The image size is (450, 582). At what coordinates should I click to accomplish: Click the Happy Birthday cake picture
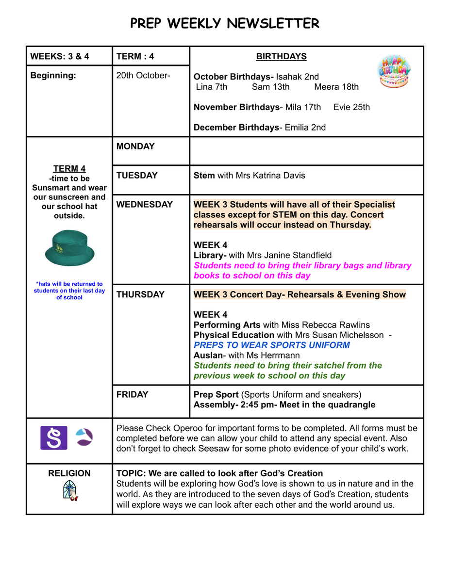[394, 71]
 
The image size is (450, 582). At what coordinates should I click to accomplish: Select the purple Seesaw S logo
[53, 438]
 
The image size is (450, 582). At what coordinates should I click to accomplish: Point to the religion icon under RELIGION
[70, 490]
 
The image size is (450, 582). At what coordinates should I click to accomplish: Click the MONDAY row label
[135, 146]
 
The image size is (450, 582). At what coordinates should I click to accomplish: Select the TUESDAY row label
[137, 175]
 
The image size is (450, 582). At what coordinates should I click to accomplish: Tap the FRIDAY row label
[132, 395]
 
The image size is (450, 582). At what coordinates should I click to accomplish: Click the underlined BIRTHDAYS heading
[281, 57]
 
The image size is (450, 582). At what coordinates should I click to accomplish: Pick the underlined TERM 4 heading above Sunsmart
[69, 169]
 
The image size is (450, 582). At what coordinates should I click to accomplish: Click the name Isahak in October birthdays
[290, 77]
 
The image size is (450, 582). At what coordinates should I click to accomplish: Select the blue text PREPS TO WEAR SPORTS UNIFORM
[271, 345]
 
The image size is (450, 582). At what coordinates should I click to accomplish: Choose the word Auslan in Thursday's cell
[208, 356]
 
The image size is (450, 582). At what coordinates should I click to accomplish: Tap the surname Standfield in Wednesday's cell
[309, 255]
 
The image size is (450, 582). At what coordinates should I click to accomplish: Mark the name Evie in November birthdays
[342, 107]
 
